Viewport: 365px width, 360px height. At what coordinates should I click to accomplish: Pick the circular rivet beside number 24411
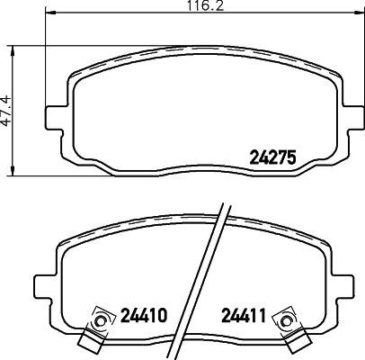click(x=288, y=318)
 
